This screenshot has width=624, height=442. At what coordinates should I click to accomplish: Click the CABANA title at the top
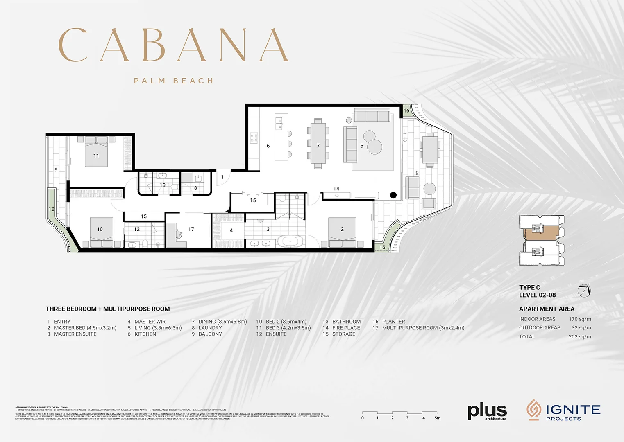[x=174, y=45]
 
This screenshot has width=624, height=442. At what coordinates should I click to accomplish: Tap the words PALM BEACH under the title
[x=174, y=81]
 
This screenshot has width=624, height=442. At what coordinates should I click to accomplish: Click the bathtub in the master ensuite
[x=290, y=241]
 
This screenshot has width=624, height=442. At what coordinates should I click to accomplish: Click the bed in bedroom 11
[x=96, y=152]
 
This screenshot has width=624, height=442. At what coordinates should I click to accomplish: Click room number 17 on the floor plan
[x=191, y=229]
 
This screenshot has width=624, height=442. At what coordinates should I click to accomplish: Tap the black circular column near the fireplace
[x=393, y=195]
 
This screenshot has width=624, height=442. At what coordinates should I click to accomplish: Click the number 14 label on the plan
[x=336, y=189]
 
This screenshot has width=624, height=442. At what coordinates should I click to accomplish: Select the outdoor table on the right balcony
[x=430, y=149]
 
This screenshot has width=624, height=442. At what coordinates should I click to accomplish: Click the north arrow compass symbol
[x=584, y=291]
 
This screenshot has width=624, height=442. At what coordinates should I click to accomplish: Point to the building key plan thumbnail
[x=542, y=240]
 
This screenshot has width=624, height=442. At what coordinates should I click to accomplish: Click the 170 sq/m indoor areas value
[x=579, y=319]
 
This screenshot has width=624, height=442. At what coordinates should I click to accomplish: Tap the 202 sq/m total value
[x=579, y=337]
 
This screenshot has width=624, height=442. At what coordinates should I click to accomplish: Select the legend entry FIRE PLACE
[x=346, y=328]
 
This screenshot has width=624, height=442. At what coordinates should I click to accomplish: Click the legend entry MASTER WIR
[x=150, y=322]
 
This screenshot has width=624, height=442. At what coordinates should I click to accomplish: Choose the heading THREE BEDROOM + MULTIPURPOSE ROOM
[x=108, y=309]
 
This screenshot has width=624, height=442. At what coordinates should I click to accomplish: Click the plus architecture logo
[x=487, y=411]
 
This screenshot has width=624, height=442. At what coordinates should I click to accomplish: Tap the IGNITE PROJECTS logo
[x=563, y=410]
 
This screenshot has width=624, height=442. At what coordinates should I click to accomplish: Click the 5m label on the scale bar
[x=437, y=418]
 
